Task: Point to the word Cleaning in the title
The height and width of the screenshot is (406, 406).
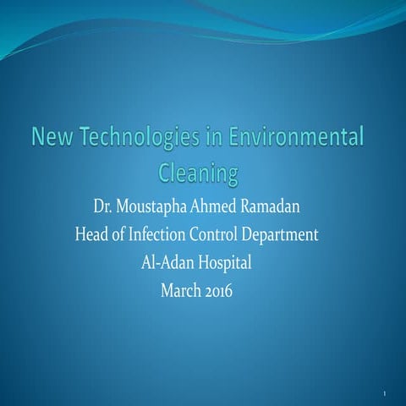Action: tap(200, 173)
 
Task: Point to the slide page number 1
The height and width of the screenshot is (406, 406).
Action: tap(385, 395)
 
